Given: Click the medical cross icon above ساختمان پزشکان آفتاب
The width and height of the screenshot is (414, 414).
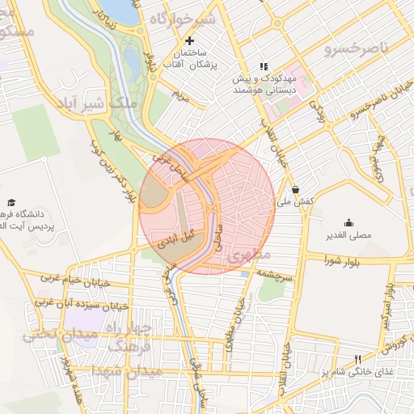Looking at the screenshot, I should (190, 40).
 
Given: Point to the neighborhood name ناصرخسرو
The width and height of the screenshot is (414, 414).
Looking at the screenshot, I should (357, 49).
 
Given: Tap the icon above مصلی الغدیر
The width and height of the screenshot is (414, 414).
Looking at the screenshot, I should (349, 222).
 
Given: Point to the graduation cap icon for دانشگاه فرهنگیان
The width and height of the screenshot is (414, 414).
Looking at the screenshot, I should (11, 202).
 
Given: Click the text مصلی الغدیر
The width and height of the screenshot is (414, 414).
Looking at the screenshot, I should (348, 235).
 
